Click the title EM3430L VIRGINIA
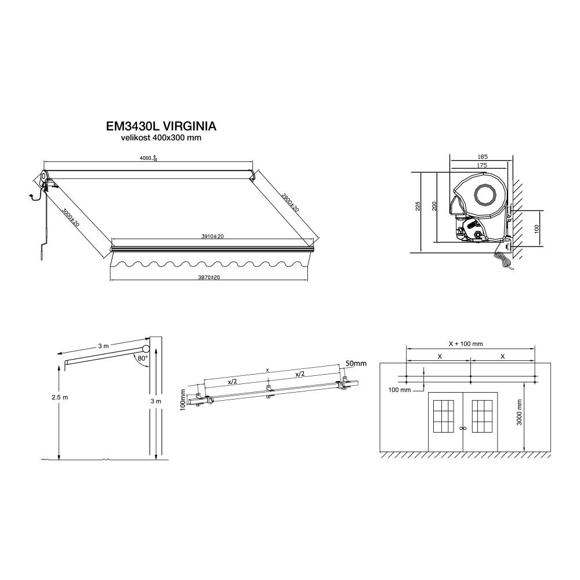(161, 126)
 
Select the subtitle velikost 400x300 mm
(161, 138)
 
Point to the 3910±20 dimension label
(212, 237)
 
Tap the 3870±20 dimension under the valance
(209, 277)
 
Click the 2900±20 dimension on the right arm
(290, 202)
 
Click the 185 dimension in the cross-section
(483, 157)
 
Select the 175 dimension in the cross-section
(482, 165)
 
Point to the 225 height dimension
(418, 206)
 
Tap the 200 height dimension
(434, 206)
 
